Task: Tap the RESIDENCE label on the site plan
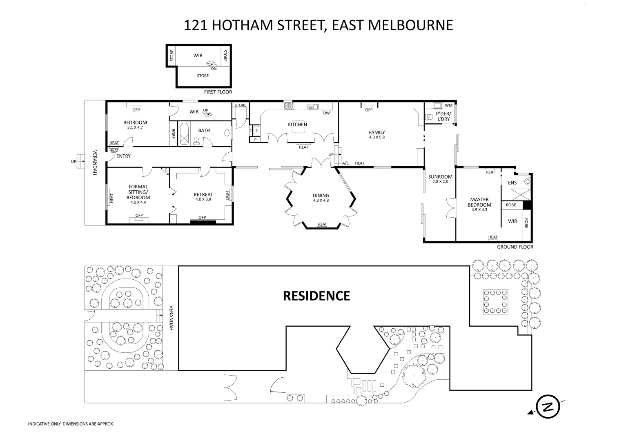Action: [x=316, y=296]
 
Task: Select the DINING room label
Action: [x=321, y=196]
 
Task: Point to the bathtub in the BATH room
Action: [x=184, y=134]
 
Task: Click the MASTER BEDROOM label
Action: [x=479, y=203]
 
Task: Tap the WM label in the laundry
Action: [x=449, y=105]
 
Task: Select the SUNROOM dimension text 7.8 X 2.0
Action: [x=440, y=182]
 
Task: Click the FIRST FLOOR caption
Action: [x=218, y=92]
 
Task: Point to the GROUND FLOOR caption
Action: [x=515, y=247]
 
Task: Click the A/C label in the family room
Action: [x=345, y=163]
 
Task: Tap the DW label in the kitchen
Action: [x=326, y=113]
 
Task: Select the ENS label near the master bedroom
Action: [x=512, y=183]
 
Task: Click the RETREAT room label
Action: [x=203, y=195]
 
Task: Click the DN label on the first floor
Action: [x=214, y=69]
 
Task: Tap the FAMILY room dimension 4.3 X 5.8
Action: [x=376, y=137]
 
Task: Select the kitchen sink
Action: [x=314, y=107]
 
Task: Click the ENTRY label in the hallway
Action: [x=123, y=156]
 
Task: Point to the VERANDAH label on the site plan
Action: [x=172, y=318]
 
